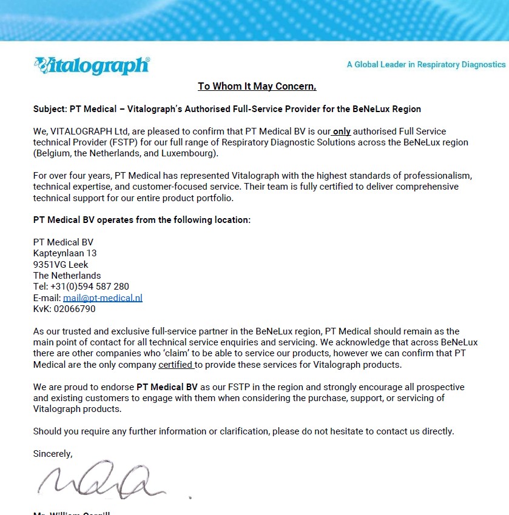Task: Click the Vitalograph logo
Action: pos(92,65)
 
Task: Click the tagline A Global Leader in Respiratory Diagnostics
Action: pos(426,64)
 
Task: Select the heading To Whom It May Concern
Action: pos(257,87)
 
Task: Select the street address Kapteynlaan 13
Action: pos(65,253)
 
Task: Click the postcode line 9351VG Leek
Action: pos(61,265)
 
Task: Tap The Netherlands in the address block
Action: pos(67,276)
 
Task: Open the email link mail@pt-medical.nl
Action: pos(103,298)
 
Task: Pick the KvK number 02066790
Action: pos(75,309)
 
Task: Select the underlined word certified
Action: pos(176,365)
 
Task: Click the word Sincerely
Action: pos(53,454)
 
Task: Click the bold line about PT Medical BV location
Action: pos(141,220)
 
